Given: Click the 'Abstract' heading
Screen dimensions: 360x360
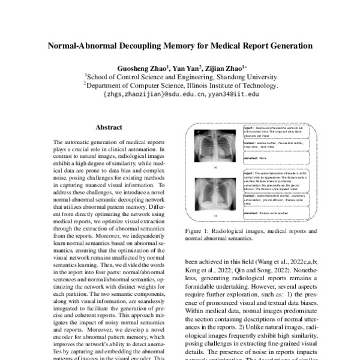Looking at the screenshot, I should [x=109, y=127].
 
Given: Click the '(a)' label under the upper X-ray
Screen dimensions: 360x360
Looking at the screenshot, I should [x=215, y=168].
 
